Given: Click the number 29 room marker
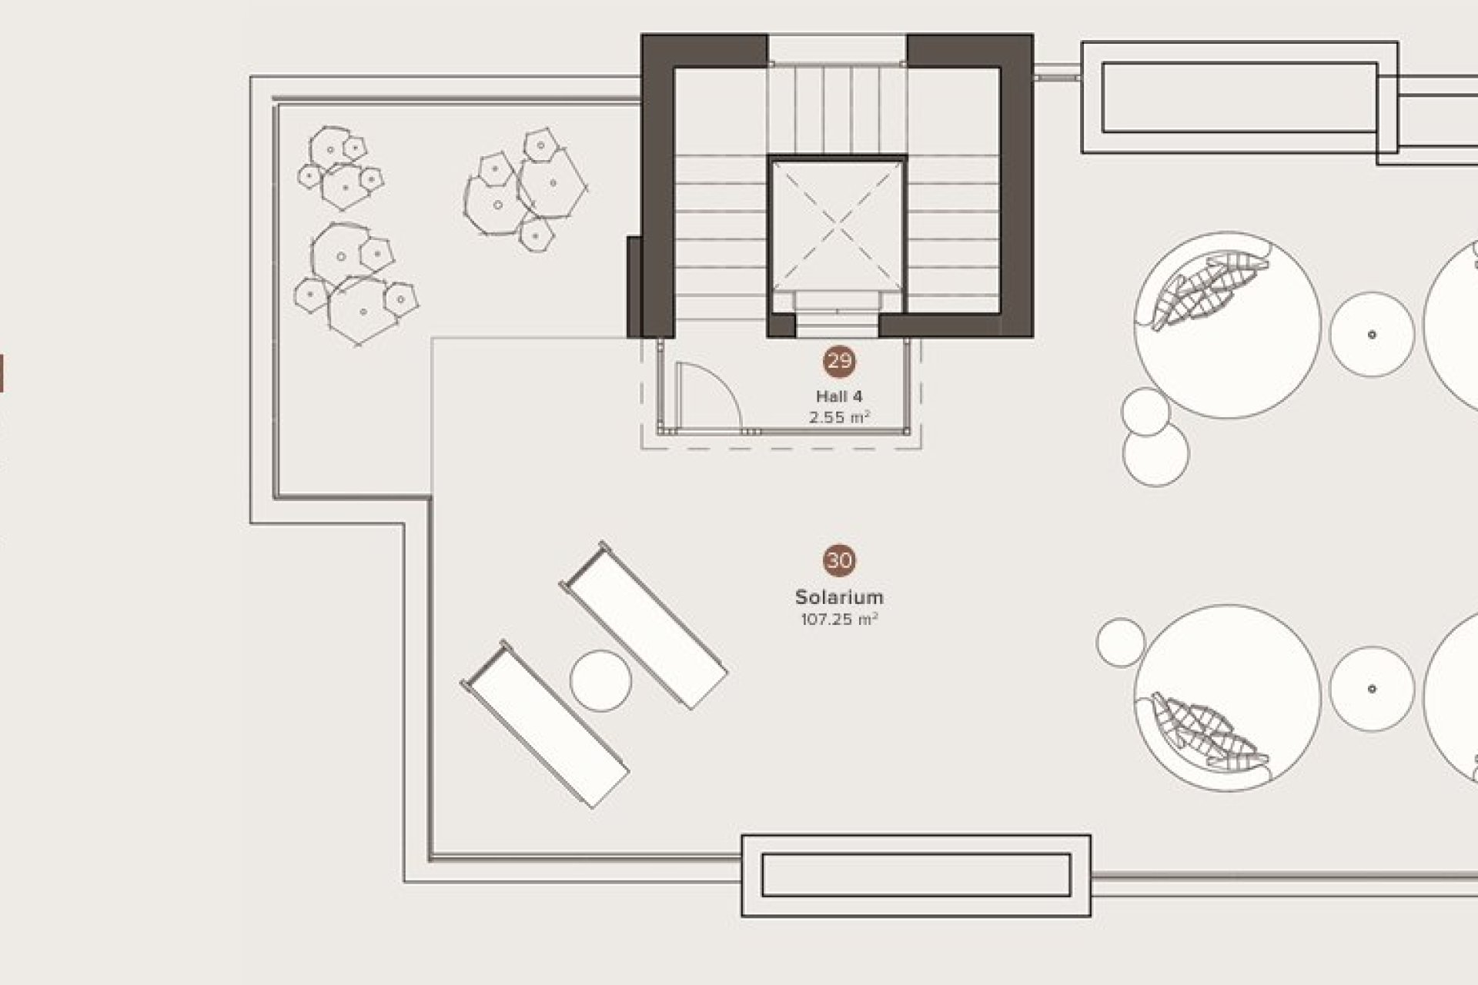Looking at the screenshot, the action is point(839,361).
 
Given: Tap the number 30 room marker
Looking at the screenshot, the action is point(839,561).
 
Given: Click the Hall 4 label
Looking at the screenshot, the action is point(839,396).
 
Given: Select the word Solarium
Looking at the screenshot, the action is point(839,597).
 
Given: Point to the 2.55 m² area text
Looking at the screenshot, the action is point(839,418).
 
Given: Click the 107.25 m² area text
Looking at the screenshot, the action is point(839,619).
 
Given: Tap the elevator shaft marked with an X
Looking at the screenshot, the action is point(837,223).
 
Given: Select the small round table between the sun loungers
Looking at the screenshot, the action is point(601,681).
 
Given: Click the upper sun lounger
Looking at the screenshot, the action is point(644,625).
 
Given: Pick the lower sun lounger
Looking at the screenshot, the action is point(545,724).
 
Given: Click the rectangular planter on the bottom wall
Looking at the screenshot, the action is point(916,876).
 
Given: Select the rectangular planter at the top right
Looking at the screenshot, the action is point(1239,98).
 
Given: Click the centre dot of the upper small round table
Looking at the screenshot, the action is point(1372,334).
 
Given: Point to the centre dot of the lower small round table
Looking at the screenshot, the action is point(1372,689).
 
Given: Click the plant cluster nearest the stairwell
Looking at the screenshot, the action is point(526,189).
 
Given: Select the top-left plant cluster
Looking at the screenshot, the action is point(341,168).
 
